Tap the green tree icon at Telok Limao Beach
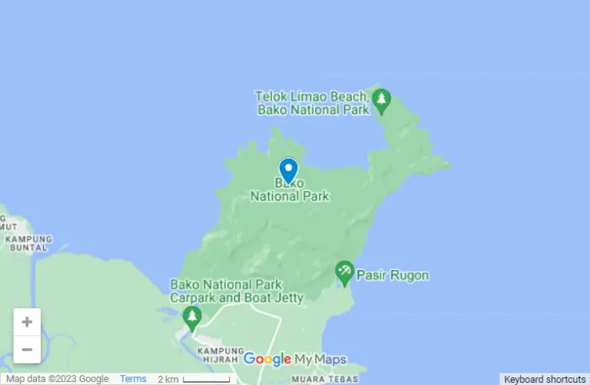point(381,100)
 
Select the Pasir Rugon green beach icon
point(345,271)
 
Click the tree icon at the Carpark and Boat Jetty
point(192,315)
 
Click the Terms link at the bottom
point(133,379)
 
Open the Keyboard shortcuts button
point(545,379)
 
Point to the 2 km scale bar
point(205,379)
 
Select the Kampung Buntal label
point(28,244)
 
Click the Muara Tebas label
point(320,379)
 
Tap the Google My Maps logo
point(294,359)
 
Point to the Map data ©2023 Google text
point(58,379)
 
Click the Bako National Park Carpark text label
point(237,291)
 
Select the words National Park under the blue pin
point(290,196)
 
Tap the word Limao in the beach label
point(307,97)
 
